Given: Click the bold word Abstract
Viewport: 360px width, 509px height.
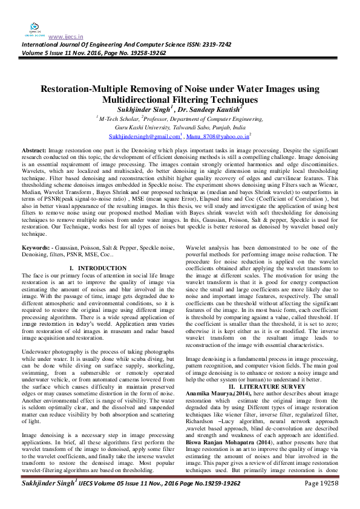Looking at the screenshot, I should (x=33, y=149).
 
